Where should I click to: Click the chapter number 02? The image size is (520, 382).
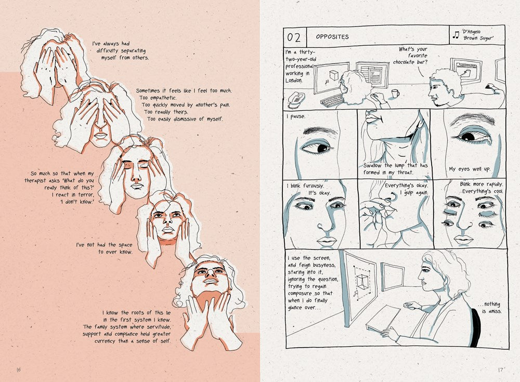click(293, 37)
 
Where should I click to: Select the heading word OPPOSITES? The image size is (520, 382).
click(332, 37)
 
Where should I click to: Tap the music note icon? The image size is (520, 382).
click(456, 34)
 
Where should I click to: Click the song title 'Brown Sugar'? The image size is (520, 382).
click(478, 38)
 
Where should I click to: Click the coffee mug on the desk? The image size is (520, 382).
click(395, 94)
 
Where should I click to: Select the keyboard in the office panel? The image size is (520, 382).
click(332, 100)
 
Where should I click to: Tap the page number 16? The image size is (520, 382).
click(19, 370)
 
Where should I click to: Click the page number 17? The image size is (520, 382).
click(501, 370)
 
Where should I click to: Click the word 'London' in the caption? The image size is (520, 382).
click(293, 81)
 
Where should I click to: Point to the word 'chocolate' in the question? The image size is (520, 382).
click(404, 62)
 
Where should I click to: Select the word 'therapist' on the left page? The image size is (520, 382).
click(35, 181)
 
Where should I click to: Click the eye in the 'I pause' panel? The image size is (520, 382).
click(317, 147)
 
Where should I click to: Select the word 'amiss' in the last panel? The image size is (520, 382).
click(495, 311)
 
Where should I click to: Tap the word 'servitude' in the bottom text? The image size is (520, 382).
click(157, 327)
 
